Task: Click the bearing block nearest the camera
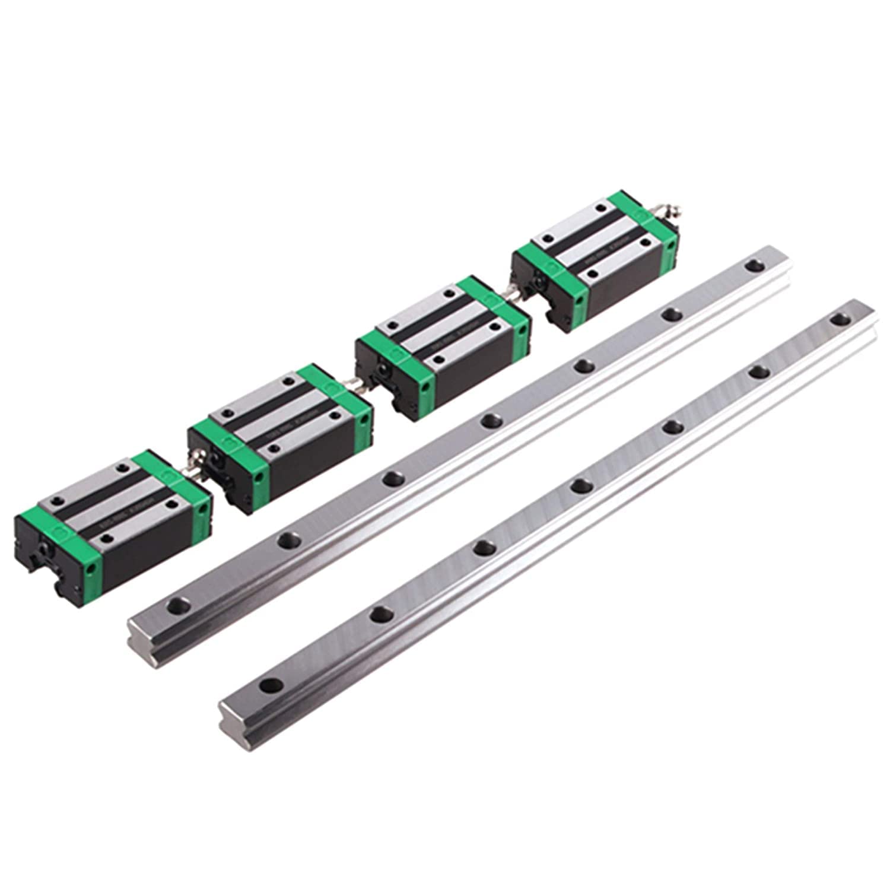113,522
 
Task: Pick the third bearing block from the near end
442,344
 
